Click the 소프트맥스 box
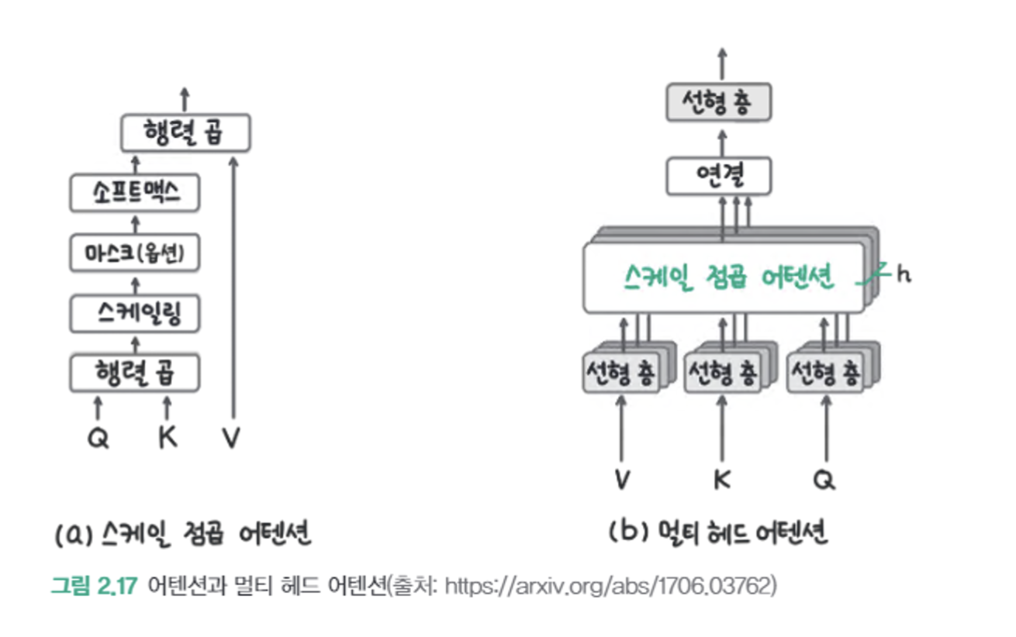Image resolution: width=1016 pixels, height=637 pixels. (135, 194)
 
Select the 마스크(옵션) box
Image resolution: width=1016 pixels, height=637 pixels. (135, 253)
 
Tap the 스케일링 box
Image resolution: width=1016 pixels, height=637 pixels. (135, 314)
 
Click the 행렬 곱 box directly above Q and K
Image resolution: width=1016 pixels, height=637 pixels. (135, 374)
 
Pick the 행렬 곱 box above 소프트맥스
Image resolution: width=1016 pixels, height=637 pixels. (185, 133)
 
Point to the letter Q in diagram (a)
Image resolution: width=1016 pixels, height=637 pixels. (98, 439)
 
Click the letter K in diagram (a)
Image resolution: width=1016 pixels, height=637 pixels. (168, 438)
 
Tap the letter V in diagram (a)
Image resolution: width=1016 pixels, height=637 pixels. (231, 439)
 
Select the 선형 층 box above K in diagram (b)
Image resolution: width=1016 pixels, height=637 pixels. (722, 373)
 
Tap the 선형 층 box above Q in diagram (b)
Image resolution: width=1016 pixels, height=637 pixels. (824, 373)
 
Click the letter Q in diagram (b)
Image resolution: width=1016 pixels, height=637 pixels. (824, 480)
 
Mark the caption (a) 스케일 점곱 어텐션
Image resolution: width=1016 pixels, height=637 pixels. (183, 534)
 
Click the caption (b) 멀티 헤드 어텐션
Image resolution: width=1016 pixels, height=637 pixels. (718, 533)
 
